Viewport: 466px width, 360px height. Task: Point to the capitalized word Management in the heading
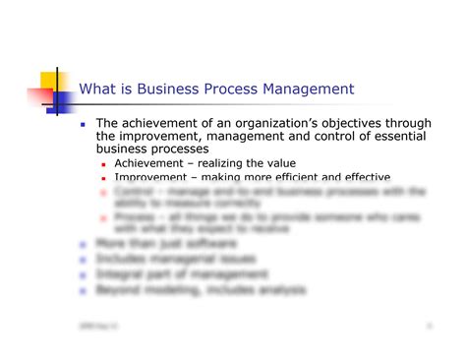[311, 90]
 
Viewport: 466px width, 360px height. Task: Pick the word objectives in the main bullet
[323, 123]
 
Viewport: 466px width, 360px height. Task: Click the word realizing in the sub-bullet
[227, 163]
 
